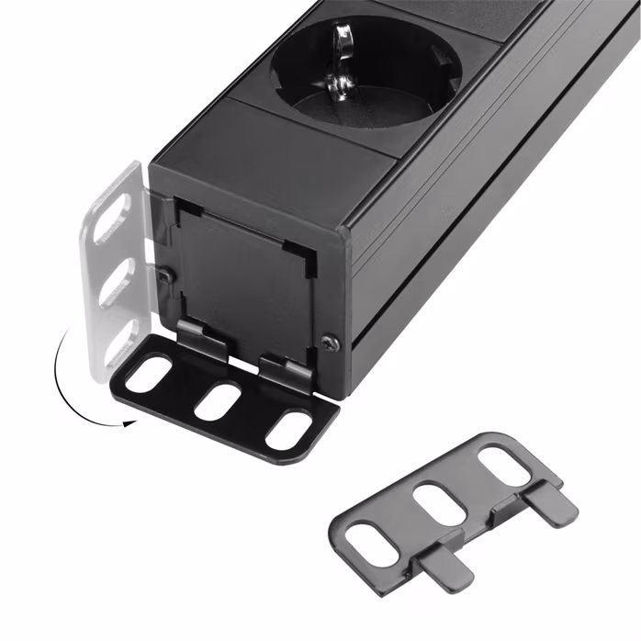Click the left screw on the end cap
click(x=163, y=274)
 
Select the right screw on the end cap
click(x=330, y=343)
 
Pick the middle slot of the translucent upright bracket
click(x=113, y=282)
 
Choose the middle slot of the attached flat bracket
click(x=219, y=400)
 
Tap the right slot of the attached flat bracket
click(x=288, y=428)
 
